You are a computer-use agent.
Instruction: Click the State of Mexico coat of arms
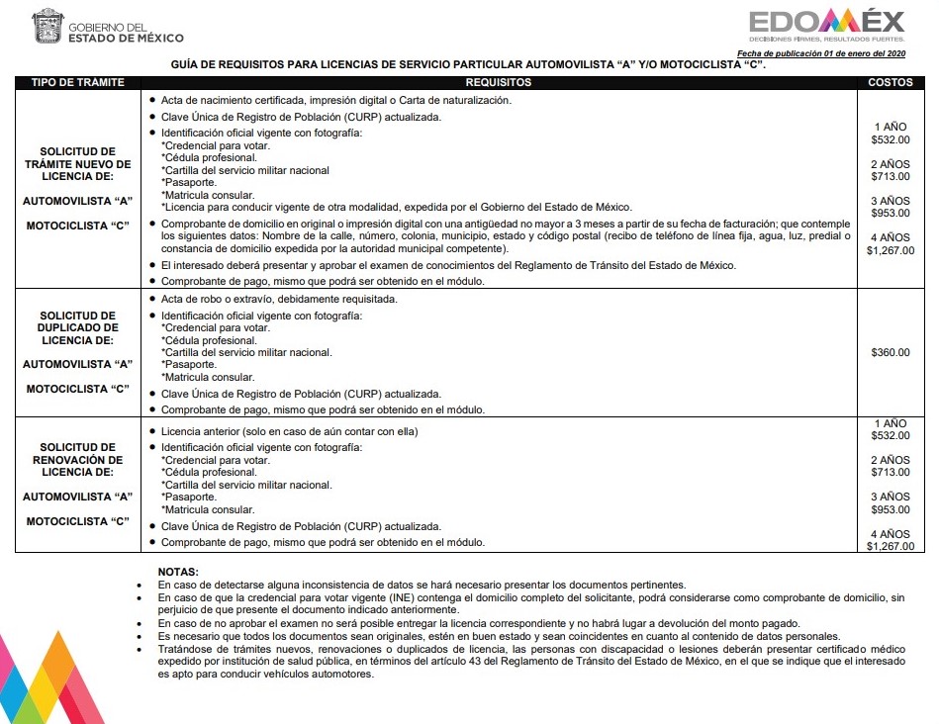click(x=46, y=26)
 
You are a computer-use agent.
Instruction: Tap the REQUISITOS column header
click(x=499, y=83)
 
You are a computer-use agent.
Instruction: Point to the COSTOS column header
click(x=890, y=83)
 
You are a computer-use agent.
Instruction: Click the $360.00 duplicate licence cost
click(x=890, y=352)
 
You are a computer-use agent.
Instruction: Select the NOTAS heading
click(x=178, y=572)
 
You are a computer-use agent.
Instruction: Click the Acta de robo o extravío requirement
click(x=280, y=300)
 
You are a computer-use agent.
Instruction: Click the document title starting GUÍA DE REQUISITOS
click(x=469, y=65)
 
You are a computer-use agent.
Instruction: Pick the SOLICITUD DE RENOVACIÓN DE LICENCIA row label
click(x=77, y=460)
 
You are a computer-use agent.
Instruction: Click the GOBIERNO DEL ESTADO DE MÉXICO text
click(x=125, y=33)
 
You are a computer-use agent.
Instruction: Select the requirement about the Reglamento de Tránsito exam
click(x=447, y=265)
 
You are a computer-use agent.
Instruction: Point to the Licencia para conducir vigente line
click(x=396, y=207)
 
